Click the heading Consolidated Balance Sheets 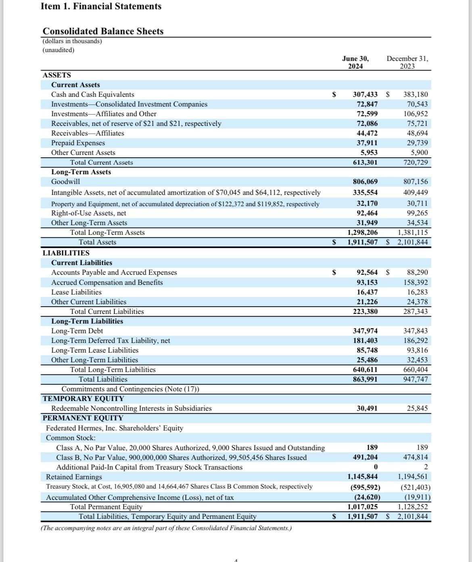click(103, 31)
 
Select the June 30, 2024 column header click(355, 63)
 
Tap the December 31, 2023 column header click(407, 63)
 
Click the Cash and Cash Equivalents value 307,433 click(365, 94)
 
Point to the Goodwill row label click(65, 182)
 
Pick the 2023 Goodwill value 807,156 click(416, 182)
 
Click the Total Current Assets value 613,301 click(365, 162)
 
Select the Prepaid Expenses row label click(78, 143)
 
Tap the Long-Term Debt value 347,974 click(365, 331)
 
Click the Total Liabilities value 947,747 click(416, 379)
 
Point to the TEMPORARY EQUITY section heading click(84, 399)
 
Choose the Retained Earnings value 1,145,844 click(363, 476)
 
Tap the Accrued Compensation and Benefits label click(107, 282)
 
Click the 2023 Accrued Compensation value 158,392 click(416, 282)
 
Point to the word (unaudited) click(58, 50)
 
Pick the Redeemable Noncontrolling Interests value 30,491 click(367, 408)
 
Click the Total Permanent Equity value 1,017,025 click(363, 507)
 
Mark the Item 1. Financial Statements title click(101, 6)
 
